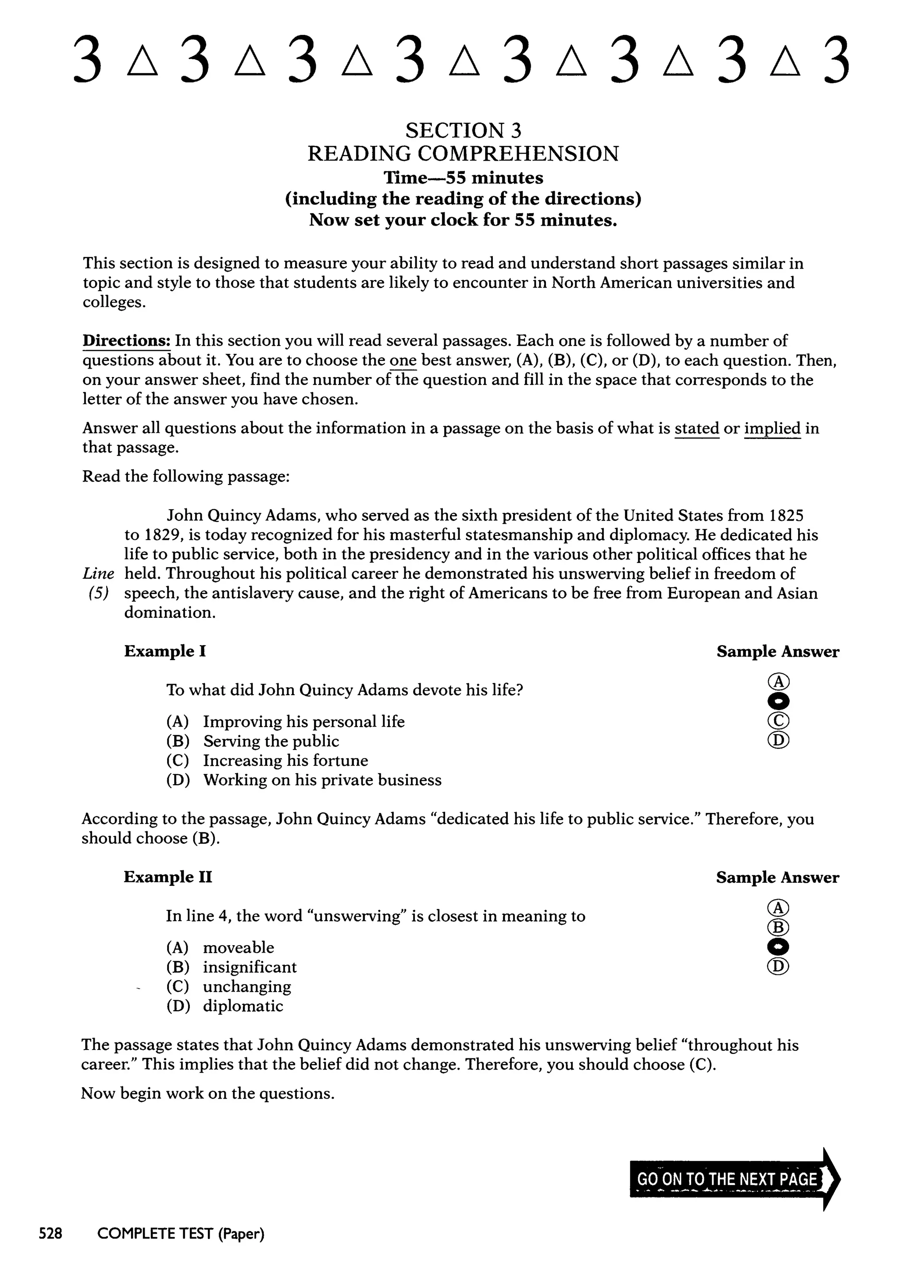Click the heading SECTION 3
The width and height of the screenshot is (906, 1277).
tap(463, 131)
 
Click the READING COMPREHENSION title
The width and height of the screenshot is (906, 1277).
tap(463, 154)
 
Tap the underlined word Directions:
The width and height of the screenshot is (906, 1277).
tap(127, 340)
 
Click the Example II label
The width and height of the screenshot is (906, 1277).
tap(168, 877)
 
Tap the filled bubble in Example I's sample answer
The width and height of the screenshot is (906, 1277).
tap(778, 701)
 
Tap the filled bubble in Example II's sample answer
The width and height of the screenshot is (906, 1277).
tap(778, 947)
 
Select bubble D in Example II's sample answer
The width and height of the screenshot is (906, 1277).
tap(778, 966)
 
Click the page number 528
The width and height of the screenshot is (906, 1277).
tap(50, 1234)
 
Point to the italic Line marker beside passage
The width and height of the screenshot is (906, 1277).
tap(98, 573)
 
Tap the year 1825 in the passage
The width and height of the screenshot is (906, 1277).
tap(786, 515)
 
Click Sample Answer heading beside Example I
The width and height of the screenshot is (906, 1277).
tap(778, 652)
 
